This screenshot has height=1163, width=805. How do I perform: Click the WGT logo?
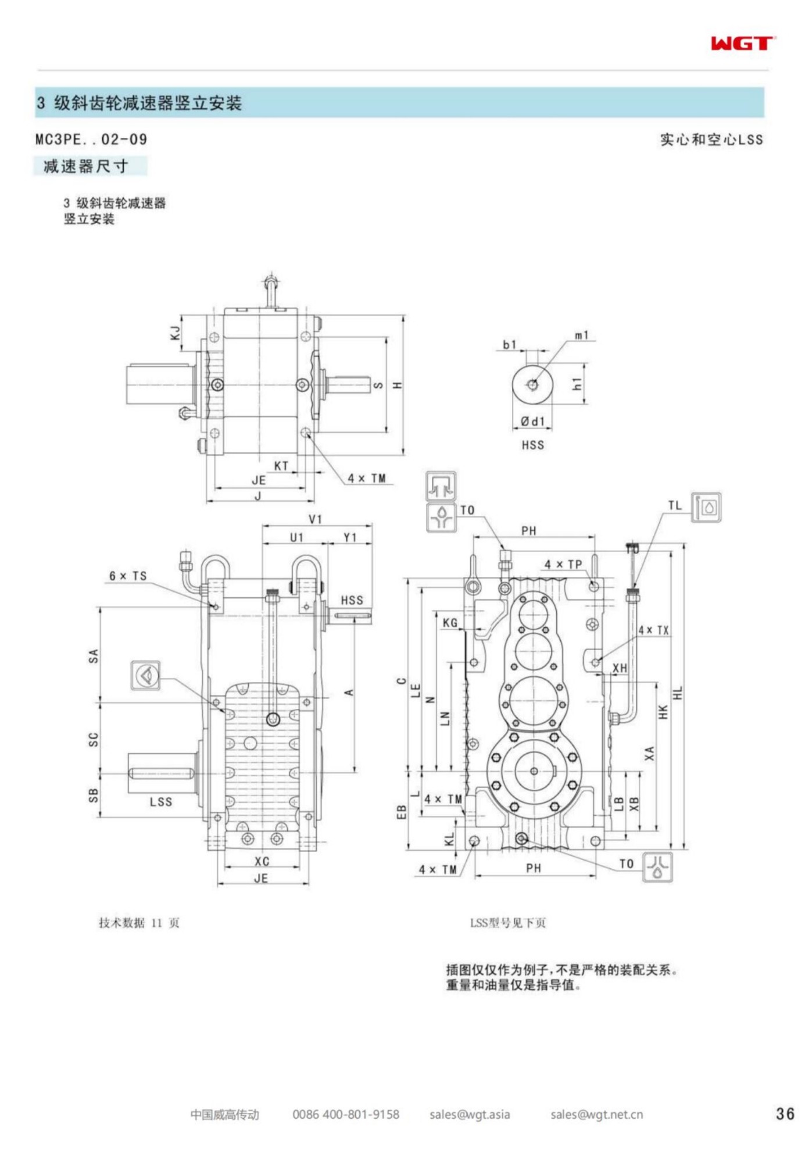pos(742,43)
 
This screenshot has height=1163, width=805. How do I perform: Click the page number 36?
pos(785,1114)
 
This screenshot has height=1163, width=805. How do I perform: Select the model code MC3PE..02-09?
pos(91,140)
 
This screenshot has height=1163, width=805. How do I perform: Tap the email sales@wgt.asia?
pos(470,1114)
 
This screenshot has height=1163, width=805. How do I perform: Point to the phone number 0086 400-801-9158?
pos(346,1114)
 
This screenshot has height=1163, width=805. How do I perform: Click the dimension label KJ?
pos(175,333)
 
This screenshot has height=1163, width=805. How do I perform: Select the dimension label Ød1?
pos(532,421)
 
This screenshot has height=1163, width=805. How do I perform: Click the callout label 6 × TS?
pos(128,576)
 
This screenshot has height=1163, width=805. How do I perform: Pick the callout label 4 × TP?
pos(563,564)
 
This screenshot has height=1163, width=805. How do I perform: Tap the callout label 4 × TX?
pos(654,630)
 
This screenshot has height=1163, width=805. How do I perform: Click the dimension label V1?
pos(315,519)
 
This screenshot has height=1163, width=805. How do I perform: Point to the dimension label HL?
pos(678,693)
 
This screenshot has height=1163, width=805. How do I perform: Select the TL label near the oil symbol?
pos(675,505)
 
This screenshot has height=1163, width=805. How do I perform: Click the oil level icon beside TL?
pos(706,507)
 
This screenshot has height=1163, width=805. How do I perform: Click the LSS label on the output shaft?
pos(161,801)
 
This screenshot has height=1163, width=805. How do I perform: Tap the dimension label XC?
pos(262,861)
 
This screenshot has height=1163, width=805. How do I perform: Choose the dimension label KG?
pos(450,623)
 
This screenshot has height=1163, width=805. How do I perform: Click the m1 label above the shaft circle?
pos(582,335)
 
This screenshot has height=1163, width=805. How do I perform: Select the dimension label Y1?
pos(350,537)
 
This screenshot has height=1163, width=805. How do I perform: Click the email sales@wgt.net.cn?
pos(596,1114)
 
